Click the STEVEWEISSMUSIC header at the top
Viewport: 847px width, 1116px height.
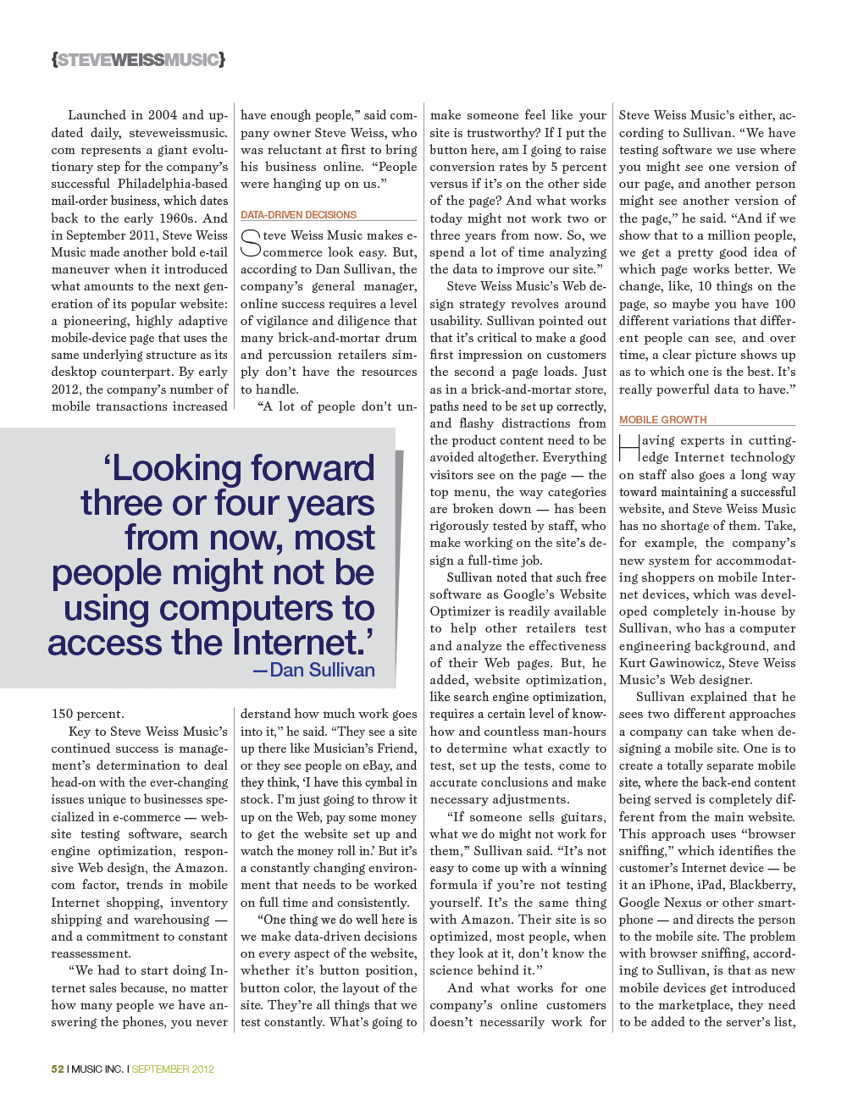[x=138, y=60]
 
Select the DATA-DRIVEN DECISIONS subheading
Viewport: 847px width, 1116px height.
[x=298, y=215]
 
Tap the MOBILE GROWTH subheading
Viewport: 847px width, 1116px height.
[x=662, y=420]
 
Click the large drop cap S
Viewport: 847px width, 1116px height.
[x=251, y=244]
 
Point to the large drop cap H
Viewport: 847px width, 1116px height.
[x=629, y=449]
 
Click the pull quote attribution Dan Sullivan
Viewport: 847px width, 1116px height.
[x=322, y=670]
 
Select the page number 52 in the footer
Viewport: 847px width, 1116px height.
[x=58, y=1069]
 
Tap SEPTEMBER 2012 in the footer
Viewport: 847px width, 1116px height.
[x=173, y=1069]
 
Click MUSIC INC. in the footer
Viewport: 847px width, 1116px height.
[x=97, y=1069]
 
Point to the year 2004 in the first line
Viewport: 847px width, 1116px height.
[x=163, y=115]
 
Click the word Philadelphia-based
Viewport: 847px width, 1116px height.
[x=173, y=184]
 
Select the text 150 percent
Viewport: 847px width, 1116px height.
[x=87, y=714]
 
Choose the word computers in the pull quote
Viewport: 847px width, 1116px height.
[x=246, y=608]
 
